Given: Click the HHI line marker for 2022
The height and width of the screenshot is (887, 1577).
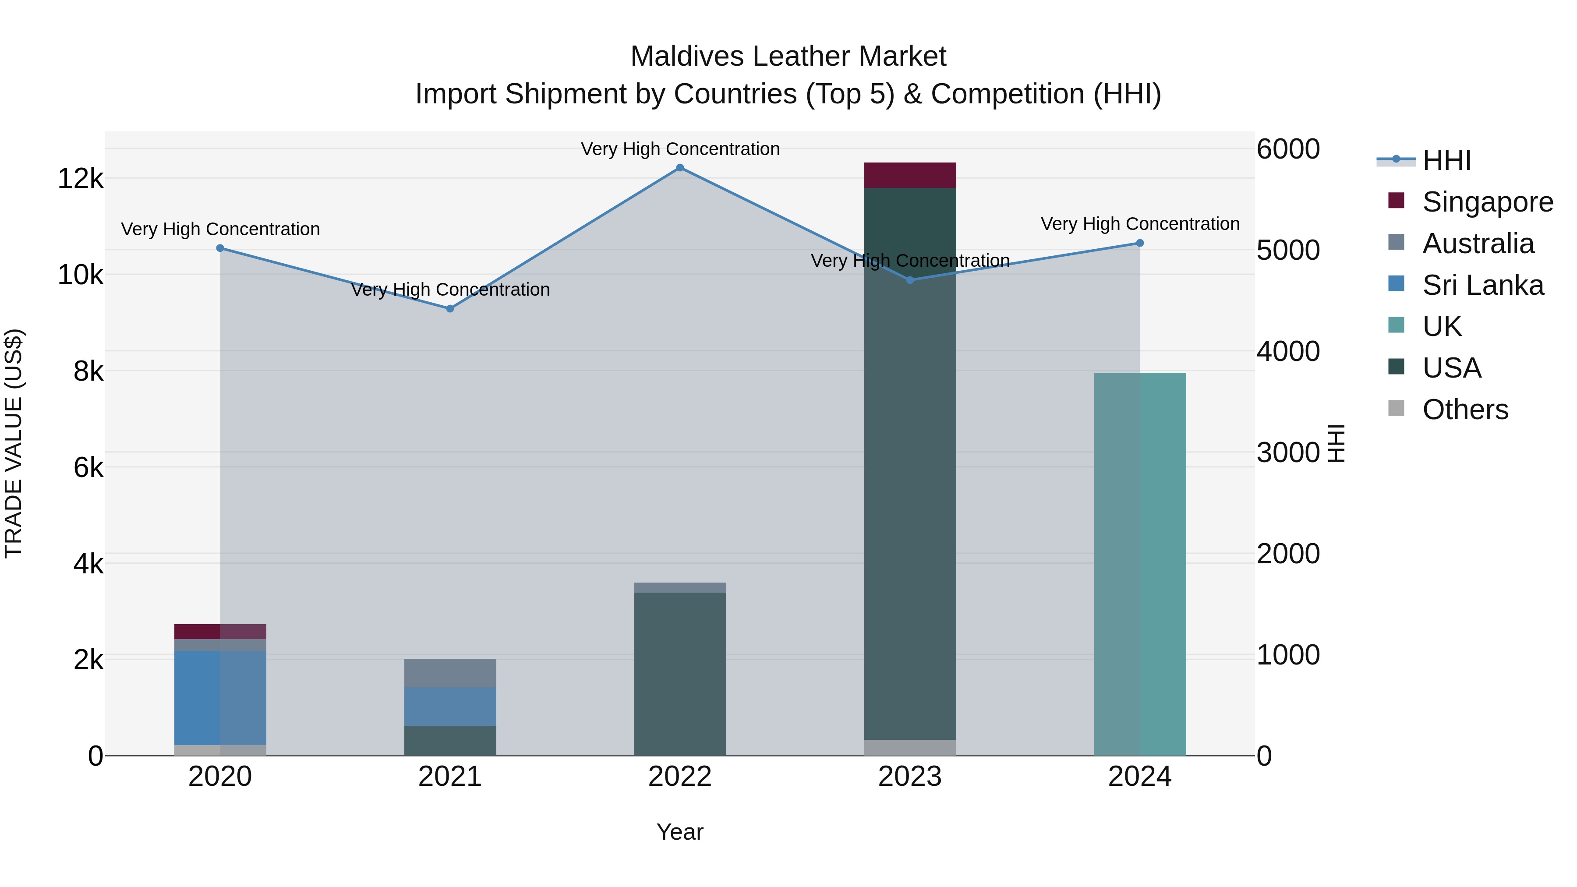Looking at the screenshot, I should pyautogui.click(x=679, y=168).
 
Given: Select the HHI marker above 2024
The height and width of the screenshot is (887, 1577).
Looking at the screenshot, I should pyautogui.click(x=1139, y=243).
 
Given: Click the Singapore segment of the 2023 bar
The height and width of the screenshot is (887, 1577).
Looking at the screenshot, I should pyautogui.click(x=910, y=176).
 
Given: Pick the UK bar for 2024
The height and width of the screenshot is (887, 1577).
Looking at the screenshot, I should pyautogui.click(x=1139, y=563).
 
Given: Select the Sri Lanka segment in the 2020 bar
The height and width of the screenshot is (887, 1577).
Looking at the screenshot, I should pyautogui.click(x=220, y=698).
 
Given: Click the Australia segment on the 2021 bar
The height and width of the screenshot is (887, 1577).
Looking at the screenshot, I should pyautogui.click(x=450, y=673).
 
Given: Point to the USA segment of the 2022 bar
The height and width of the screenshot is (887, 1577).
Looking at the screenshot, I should pyautogui.click(x=679, y=673).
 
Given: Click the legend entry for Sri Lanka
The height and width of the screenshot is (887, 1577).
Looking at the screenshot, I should pyautogui.click(x=1482, y=285).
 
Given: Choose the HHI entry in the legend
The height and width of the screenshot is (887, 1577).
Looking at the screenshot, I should pyautogui.click(x=1446, y=160).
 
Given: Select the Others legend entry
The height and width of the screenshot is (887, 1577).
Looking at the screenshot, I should pyautogui.click(x=1464, y=410).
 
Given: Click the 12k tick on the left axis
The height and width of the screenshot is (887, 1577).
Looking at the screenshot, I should pyautogui.click(x=80, y=179).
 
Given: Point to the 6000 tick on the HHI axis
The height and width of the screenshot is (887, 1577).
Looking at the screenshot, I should pyautogui.click(x=1288, y=149).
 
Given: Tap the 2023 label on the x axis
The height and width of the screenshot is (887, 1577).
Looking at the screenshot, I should pyautogui.click(x=910, y=777).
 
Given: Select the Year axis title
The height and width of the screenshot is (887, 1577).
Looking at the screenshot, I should pyautogui.click(x=679, y=832).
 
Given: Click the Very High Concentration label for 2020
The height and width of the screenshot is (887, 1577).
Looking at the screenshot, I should pyautogui.click(x=220, y=229).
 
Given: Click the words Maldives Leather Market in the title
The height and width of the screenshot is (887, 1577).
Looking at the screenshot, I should pyautogui.click(x=788, y=57).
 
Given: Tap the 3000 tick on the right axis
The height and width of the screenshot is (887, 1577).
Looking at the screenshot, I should pyautogui.click(x=1288, y=452).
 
